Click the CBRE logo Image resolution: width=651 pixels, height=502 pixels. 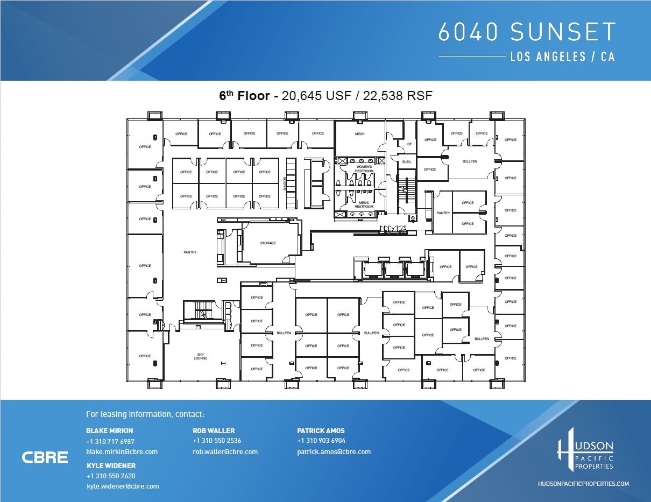(x=45, y=458)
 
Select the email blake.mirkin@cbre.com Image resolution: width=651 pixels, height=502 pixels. (x=122, y=452)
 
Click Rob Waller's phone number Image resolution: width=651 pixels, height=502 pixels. (x=217, y=441)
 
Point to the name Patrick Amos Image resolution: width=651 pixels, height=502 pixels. (x=321, y=431)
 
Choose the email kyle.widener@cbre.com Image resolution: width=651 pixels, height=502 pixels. (x=123, y=486)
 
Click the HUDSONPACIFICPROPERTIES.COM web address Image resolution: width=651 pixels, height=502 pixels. (x=583, y=484)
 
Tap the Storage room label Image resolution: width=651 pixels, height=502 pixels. (x=268, y=243)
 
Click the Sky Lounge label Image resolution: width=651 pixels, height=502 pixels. (x=200, y=356)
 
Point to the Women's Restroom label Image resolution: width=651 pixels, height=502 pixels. (x=364, y=168)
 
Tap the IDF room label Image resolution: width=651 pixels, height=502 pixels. (x=409, y=144)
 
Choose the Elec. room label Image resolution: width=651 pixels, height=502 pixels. (x=407, y=162)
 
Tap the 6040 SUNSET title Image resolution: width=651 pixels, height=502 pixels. (x=527, y=32)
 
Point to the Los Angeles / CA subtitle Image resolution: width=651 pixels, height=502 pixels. (x=562, y=56)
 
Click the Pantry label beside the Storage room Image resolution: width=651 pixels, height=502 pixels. (x=190, y=252)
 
